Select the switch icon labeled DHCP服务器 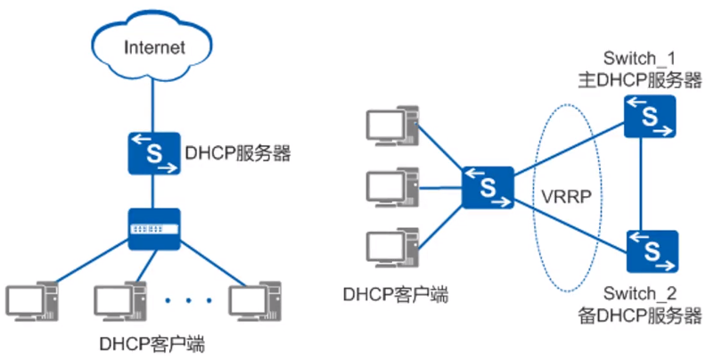click(x=153, y=152)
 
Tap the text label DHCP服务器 click(x=238, y=152)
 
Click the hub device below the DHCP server click(x=153, y=229)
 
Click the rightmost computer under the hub click(x=255, y=303)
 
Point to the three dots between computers click(x=189, y=300)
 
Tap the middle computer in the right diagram click(x=393, y=187)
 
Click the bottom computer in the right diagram click(x=393, y=250)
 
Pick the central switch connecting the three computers click(x=488, y=187)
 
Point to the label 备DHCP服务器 click(x=640, y=314)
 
